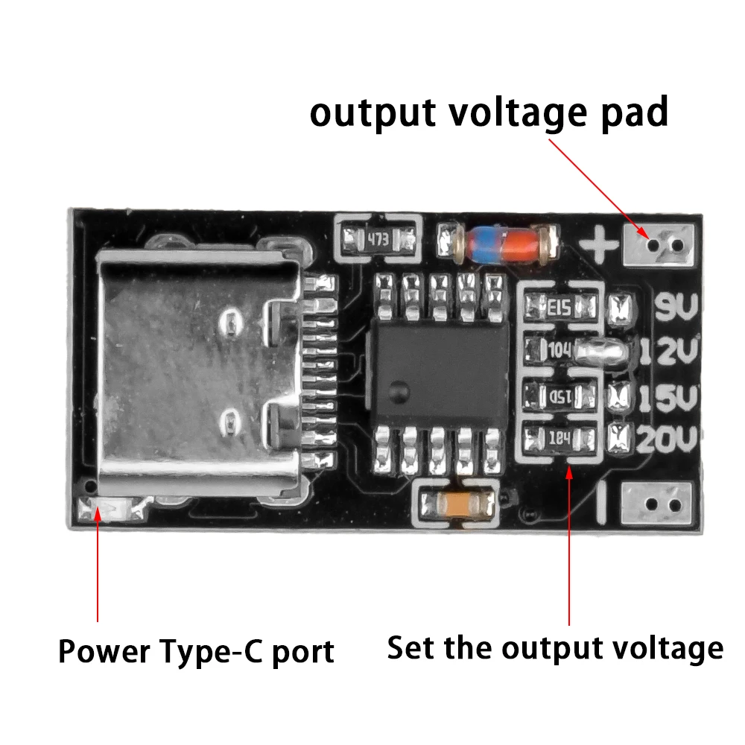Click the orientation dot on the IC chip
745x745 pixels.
[399, 387]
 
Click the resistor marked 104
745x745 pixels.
[561, 349]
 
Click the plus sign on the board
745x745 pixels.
[600, 244]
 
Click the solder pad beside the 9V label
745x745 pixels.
[620, 305]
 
